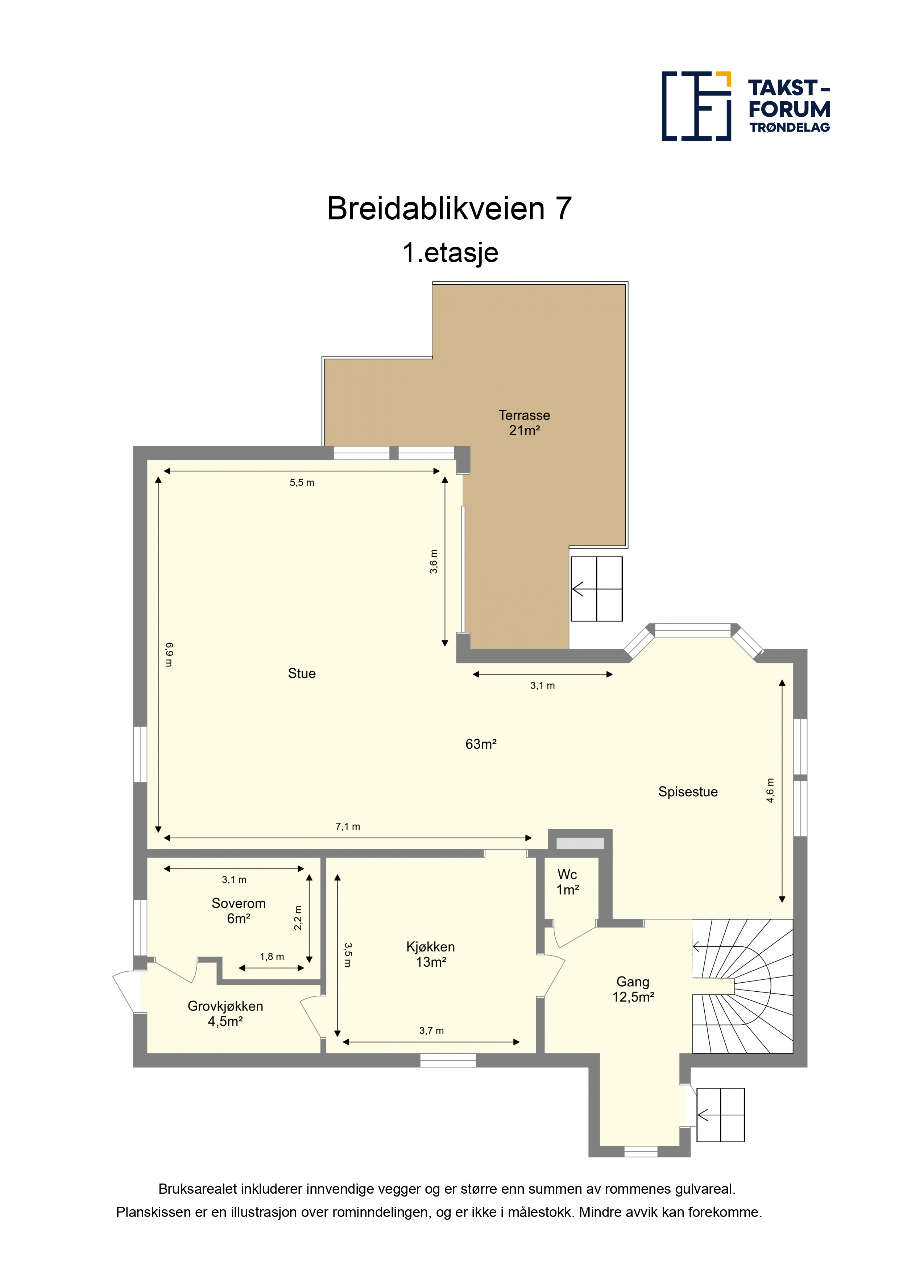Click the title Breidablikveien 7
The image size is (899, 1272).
(x=449, y=209)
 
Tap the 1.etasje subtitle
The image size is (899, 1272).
(x=450, y=253)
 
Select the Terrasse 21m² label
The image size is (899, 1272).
(x=524, y=423)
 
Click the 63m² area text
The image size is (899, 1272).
(x=481, y=744)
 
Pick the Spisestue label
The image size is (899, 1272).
(x=688, y=792)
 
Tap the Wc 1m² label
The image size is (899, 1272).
(x=567, y=882)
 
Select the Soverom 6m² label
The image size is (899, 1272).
(x=239, y=911)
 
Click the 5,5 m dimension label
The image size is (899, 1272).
(x=302, y=483)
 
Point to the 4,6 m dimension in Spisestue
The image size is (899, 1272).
(x=770, y=790)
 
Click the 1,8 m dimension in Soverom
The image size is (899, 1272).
(x=272, y=957)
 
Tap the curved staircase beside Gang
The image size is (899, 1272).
(x=742, y=986)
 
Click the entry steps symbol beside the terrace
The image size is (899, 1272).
(x=597, y=589)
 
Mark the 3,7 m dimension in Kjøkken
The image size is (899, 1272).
(x=431, y=1031)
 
